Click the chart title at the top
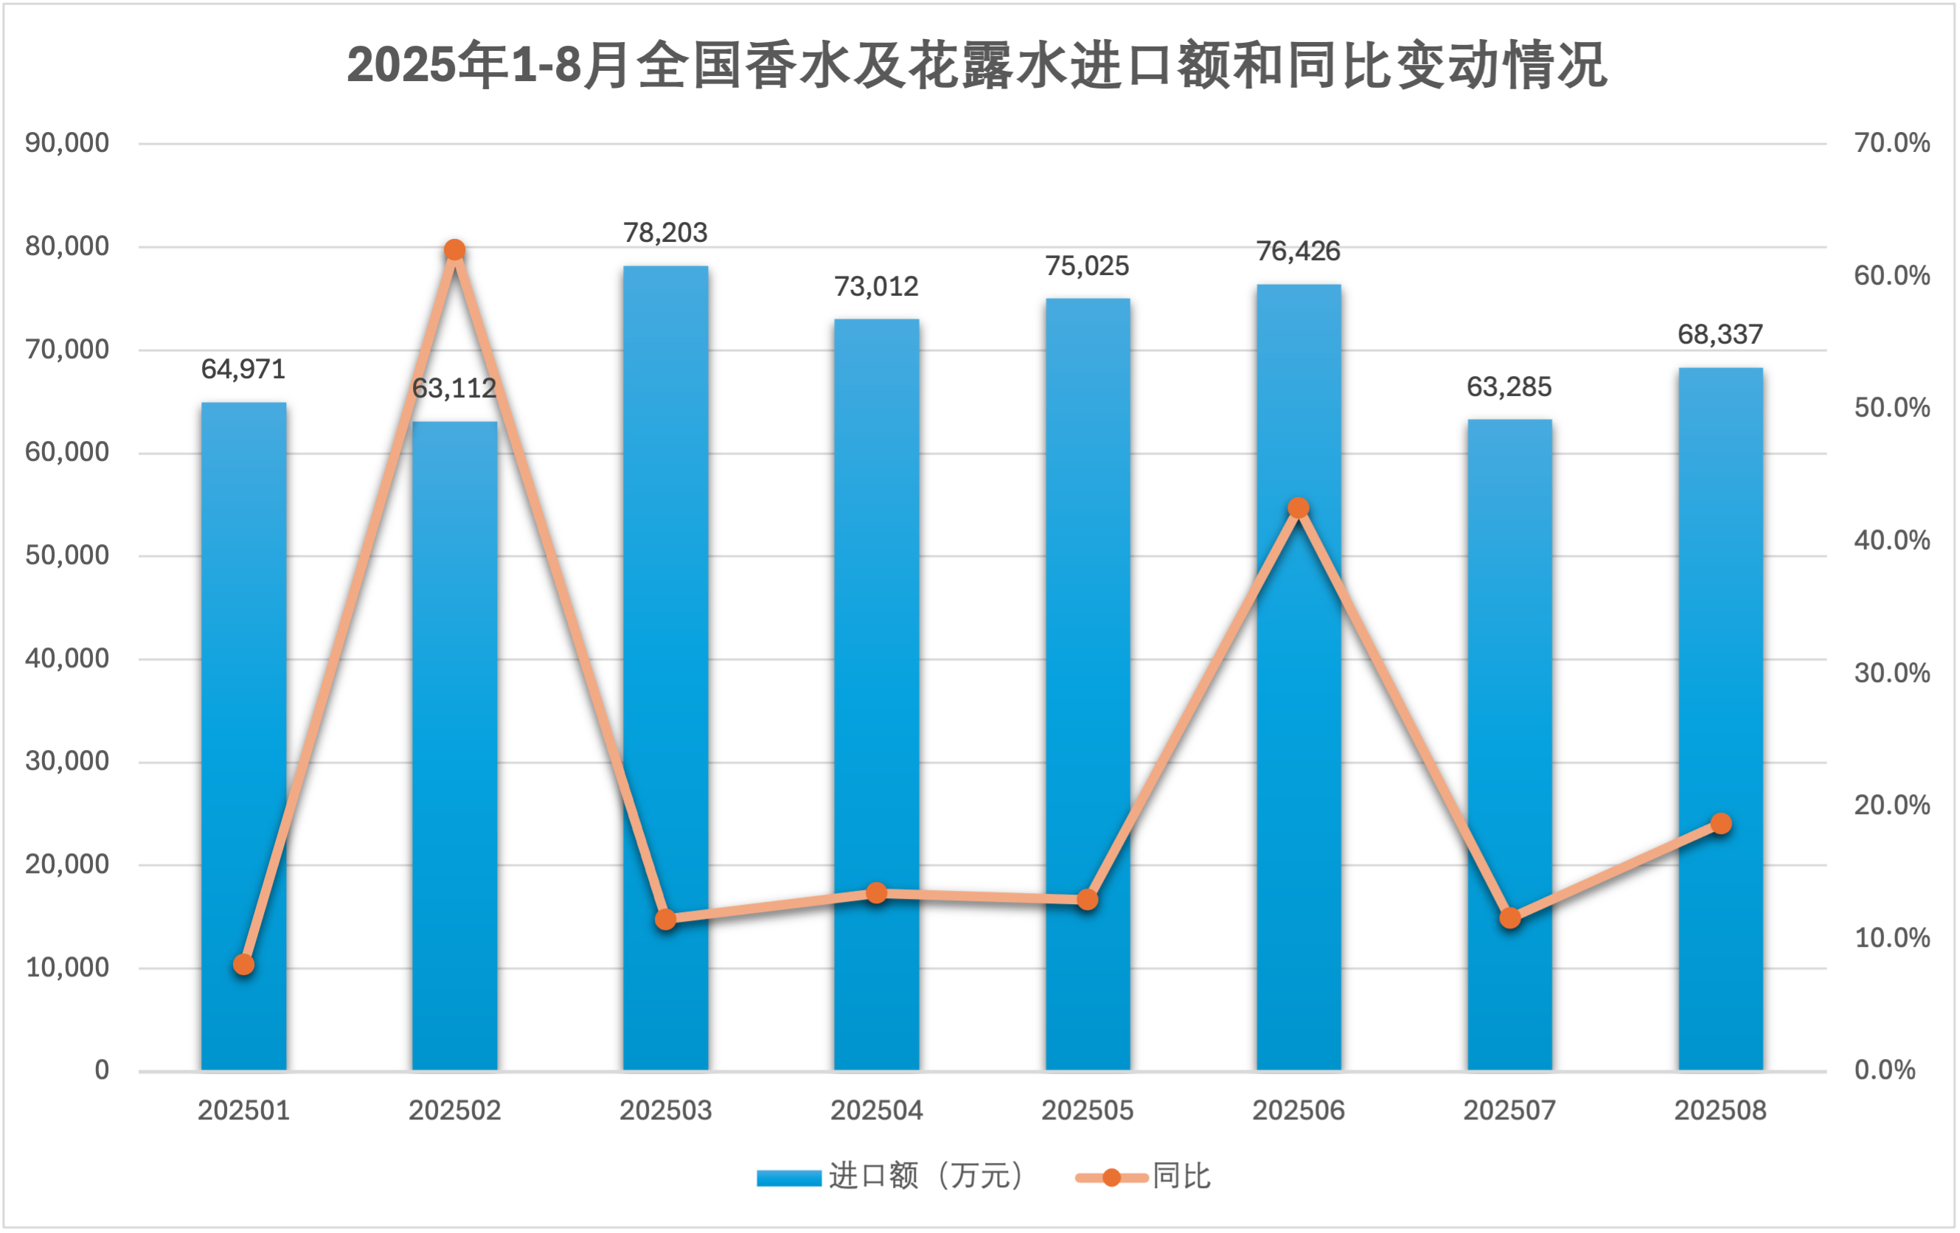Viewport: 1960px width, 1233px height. [x=977, y=65]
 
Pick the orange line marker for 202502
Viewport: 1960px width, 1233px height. [x=455, y=250]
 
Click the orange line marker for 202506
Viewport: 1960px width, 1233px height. [x=1299, y=508]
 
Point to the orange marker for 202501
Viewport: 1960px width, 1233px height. [x=243, y=965]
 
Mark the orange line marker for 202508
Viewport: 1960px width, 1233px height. [x=1720, y=824]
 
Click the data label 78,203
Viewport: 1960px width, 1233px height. [x=666, y=233]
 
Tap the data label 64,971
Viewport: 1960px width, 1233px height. [x=243, y=369]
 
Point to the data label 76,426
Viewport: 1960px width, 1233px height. [x=1299, y=251]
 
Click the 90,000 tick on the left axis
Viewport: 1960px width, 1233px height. [x=67, y=143]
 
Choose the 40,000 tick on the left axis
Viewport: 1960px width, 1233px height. [x=67, y=659]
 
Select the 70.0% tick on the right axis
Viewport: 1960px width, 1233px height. [x=1891, y=143]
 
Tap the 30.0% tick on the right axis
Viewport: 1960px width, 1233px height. [x=1891, y=673]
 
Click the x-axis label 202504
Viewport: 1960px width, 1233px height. [x=877, y=1111]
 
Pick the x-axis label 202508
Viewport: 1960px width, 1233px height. [x=1720, y=1111]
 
